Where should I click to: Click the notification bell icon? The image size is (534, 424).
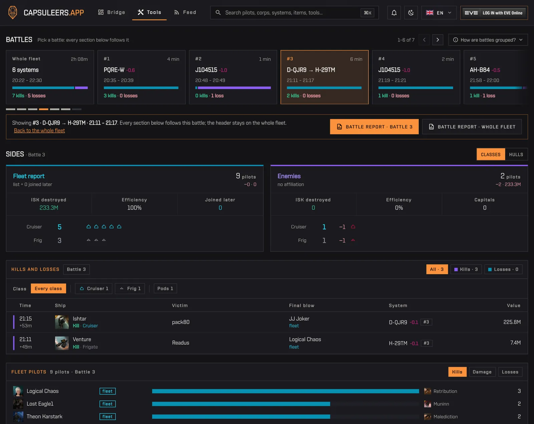[x=394, y=13]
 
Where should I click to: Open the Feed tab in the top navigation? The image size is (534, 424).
[x=185, y=12]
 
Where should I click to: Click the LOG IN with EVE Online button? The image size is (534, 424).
[x=494, y=13]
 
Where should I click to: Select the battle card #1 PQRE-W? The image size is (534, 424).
[x=142, y=77]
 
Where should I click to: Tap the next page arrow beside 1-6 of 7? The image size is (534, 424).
[x=438, y=40]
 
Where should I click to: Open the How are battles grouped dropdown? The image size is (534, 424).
[x=488, y=40]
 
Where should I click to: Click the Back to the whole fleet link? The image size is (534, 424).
[x=39, y=131]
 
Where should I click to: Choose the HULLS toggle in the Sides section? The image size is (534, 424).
[x=516, y=154]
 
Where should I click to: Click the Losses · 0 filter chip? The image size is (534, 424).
[x=503, y=269]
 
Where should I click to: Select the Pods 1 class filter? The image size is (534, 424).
[x=165, y=288]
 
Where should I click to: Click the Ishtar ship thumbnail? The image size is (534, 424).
[x=62, y=322]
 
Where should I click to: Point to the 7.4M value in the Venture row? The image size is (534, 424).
[x=515, y=343]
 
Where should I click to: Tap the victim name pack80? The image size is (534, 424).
[x=181, y=322]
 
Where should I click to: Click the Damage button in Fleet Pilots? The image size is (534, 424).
[x=482, y=372]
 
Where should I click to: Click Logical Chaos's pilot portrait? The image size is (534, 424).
[x=18, y=391]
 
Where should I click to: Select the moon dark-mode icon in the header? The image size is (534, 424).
[x=411, y=13]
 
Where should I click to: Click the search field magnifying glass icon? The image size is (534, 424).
[x=218, y=12]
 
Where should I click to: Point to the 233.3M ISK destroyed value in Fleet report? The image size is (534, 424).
[x=49, y=208]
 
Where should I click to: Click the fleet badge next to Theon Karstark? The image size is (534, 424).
[x=107, y=417]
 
